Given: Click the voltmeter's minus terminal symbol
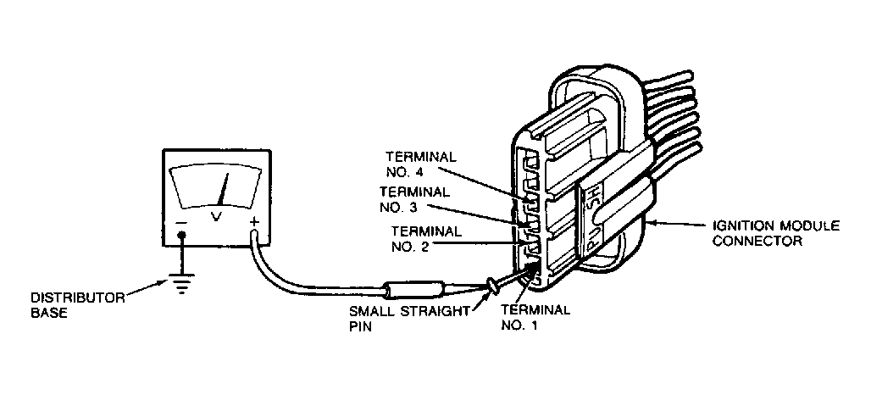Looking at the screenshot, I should pyautogui.click(x=180, y=223).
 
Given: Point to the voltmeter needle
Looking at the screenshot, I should pyautogui.click(x=223, y=190).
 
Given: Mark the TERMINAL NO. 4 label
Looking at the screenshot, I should pyautogui.click(x=421, y=164).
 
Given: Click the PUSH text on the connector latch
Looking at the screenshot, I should pyautogui.click(x=593, y=215).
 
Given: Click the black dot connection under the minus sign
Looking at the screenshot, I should pyautogui.click(x=180, y=237).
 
